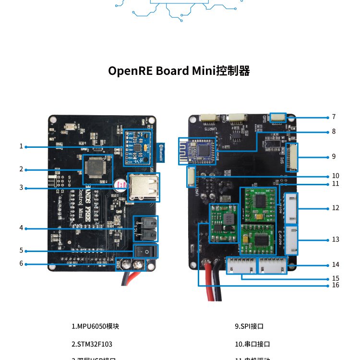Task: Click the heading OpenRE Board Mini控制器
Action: pos(179,71)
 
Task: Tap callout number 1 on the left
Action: pos(21,146)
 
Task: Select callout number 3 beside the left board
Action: pos(21,187)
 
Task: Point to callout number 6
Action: pos(21,264)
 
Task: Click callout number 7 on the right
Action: pos(334,117)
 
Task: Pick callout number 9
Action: pos(334,156)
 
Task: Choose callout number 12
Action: pos(335,208)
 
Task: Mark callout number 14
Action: pos(335,264)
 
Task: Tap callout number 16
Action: pos(335,285)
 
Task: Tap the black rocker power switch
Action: pos(146,251)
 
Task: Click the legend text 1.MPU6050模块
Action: pos(95,326)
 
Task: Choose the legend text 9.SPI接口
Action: pos(249,326)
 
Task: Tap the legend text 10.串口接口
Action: pos(252,344)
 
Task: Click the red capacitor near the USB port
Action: pos(120,185)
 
